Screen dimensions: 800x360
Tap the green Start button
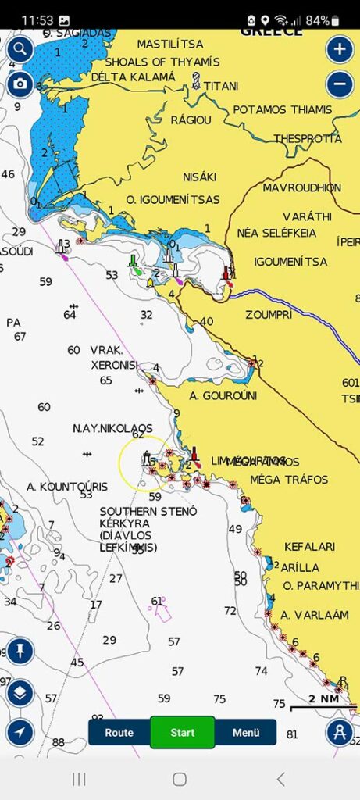click(x=182, y=733)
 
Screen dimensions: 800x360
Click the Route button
click(x=119, y=733)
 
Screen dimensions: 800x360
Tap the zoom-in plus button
click(x=339, y=50)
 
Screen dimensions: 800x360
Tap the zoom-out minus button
click(x=339, y=84)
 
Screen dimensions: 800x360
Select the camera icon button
click(x=20, y=84)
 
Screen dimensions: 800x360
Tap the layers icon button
click(x=20, y=691)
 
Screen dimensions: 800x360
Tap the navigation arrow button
click(x=20, y=732)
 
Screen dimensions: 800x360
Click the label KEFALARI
click(x=309, y=547)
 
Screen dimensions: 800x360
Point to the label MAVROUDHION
click(x=301, y=188)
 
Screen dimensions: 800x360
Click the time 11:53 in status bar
click(x=36, y=20)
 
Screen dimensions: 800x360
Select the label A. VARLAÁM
click(x=314, y=615)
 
